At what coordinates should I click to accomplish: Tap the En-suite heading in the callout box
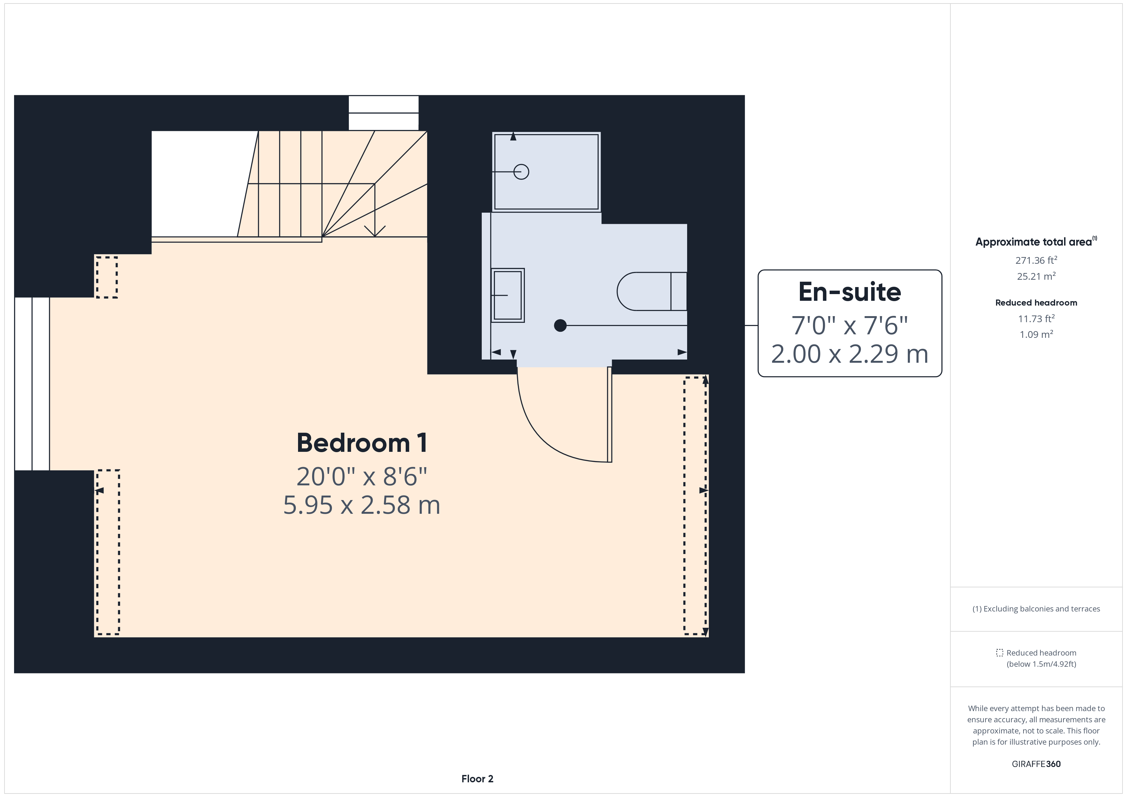coord(850,292)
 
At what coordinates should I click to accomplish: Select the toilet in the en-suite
coord(652,292)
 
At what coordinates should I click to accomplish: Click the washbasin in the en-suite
coord(508,295)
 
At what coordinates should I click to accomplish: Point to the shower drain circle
coord(521,172)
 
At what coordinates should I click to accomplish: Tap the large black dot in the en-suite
coord(560,325)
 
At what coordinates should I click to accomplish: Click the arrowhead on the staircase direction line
coord(375,231)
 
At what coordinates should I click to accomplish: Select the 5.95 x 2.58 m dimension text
coord(362,505)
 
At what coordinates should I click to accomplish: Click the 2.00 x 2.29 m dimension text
coord(850,354)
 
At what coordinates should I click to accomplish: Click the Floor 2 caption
coord(477,779)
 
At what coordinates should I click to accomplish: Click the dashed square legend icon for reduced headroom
coord(999,653)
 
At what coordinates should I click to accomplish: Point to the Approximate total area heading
coord(1036,241)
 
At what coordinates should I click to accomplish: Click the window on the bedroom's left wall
coord(32,384)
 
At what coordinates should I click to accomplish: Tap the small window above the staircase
coord(383,113)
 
